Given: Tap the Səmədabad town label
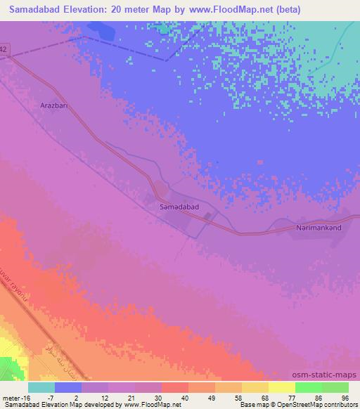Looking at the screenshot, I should pos(179,208).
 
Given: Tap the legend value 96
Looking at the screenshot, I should pos(345,398).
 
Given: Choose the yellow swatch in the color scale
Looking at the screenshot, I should pos(281,387).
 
